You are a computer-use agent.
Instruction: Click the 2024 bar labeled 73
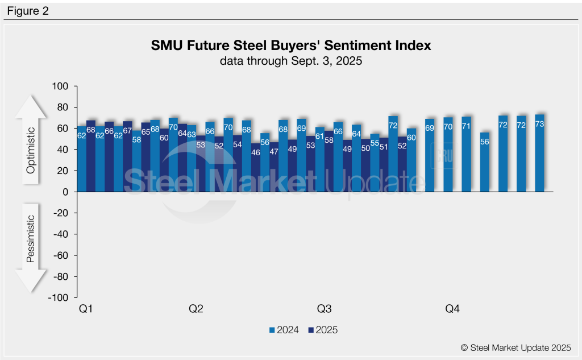tap(539, 154)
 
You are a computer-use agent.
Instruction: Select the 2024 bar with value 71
tap(466, 155)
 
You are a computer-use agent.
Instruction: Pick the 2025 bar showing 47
tap(274, 167)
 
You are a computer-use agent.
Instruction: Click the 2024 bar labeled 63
tap(192, 159)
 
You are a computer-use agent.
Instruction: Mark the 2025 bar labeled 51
tap(384, 165)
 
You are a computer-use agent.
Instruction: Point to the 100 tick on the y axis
tap(60, 86)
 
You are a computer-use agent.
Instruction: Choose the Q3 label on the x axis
tap(324, 309)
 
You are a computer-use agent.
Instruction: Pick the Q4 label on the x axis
tap(452, 309)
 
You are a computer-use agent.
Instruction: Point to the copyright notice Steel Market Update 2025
tap(516, 347)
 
